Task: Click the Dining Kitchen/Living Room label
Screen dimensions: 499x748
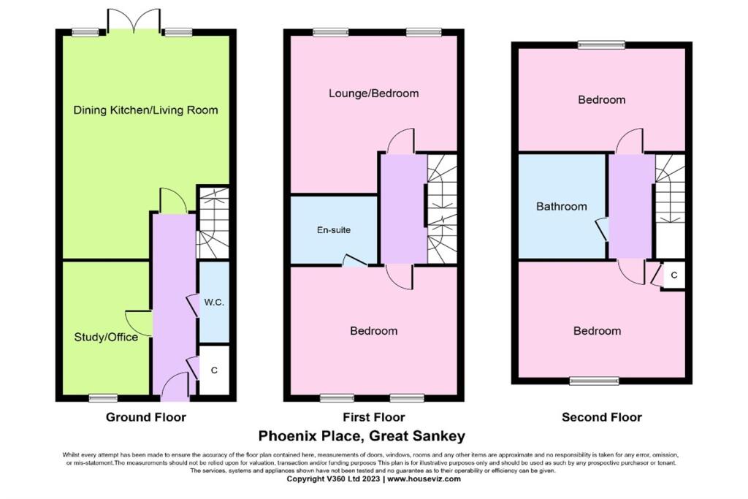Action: pos(146,110)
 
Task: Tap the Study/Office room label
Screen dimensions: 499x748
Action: pos(106,338)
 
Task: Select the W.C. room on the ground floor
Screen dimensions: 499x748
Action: pos(214,302)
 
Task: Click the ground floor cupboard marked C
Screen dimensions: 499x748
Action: pos(214,370)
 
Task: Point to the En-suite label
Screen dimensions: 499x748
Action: pos(334,230)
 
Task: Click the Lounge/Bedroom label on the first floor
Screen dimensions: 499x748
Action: pos(374,94)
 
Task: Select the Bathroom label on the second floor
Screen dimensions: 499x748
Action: pos(562,207)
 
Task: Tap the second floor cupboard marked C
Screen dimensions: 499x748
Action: pos(673,275)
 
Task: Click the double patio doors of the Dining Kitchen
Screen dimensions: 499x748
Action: pos(133,20)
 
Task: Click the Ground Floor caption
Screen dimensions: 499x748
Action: pos(146,418)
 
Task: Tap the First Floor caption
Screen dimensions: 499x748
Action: pos(374,418)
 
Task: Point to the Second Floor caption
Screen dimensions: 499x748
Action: pos(602,418)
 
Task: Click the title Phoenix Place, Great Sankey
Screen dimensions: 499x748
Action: pos(374,437)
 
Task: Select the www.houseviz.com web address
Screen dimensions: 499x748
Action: pos(424,479)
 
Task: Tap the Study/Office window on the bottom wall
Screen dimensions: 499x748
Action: pos(103,397)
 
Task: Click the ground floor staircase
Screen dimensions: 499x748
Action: pos(213,223)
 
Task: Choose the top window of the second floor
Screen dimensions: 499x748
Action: pos(602,45)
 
